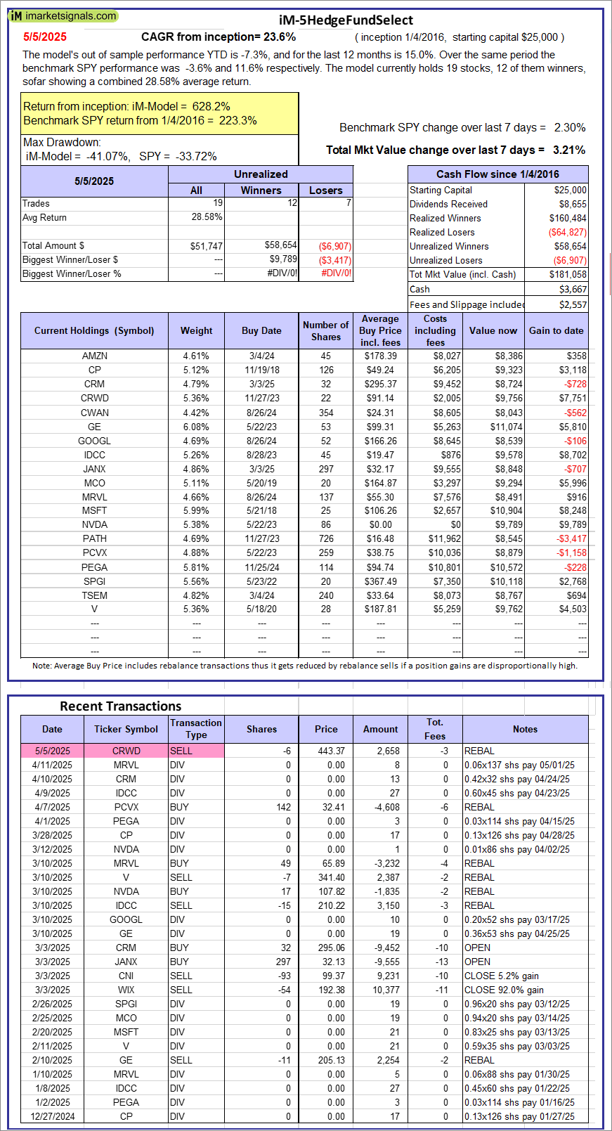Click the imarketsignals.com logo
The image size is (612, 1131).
coord(63,15)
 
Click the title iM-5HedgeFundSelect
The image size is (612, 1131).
coord(346,20)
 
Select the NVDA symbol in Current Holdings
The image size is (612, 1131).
coord(94,524)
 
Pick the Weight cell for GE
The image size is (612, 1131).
coord(196,427)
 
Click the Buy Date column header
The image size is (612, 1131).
coord(261,330)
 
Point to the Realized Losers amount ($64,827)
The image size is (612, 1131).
coord(567,232)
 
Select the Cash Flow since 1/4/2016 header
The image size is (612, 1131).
coord(497,174)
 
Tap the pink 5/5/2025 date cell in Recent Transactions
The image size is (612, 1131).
coord(52,751)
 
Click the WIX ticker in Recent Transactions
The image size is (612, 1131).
coord(126,990)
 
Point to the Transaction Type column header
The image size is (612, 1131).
coord(196,729)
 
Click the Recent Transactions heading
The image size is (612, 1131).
coord(120,706)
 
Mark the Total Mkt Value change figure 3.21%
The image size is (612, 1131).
coord(569,150)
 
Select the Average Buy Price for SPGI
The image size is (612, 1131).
coord(380,581)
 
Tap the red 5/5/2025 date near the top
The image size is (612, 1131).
coord(45,37)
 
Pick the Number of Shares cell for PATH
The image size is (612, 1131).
coord(326,538)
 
